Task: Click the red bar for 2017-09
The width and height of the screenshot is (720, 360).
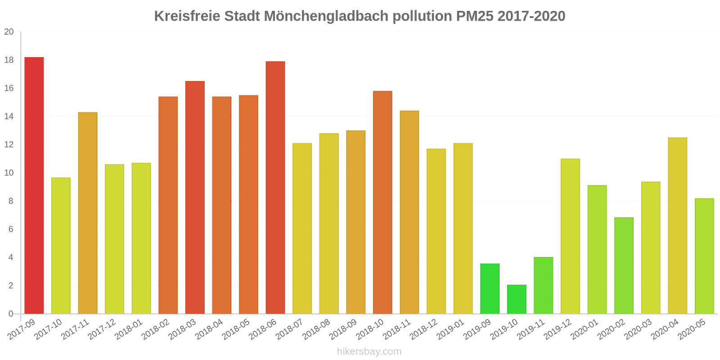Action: coord(34,185)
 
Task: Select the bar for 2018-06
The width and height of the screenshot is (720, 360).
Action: coord(275,188)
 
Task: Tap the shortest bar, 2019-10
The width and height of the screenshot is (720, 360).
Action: coord(517,299)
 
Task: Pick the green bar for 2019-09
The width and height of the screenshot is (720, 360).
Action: coord(490,289)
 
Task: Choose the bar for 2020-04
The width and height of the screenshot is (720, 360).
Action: coord(677,226)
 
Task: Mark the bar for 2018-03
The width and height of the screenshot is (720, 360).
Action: coord(195,198)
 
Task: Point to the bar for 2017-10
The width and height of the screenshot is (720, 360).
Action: coord(61,246)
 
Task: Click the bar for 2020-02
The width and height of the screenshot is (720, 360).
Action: coord(624,265)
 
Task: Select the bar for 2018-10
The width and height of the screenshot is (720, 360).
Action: coord(382,202)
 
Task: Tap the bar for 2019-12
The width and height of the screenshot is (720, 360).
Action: coord(570,236)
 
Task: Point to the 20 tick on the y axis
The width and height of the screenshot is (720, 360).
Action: coord(9,32)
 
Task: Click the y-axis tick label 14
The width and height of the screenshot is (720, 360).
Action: coord(9,117)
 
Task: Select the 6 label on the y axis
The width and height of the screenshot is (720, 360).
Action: coord(11,229)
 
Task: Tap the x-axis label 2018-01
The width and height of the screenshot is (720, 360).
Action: coord(129,330)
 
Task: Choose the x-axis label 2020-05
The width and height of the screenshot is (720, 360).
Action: coord(692,330)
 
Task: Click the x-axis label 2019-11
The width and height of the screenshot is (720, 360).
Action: coord(531,330)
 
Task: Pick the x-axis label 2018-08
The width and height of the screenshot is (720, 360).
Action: coord(316,330)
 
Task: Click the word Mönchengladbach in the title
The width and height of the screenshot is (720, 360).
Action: coord(326,16)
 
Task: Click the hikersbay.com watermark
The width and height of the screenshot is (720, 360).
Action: coord(369,351)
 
